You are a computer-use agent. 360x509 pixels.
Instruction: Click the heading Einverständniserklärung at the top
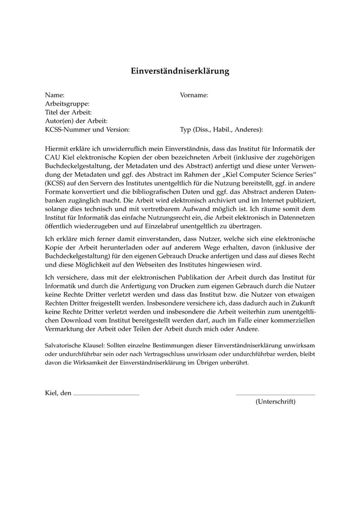pyautogui.click(x=180, y=71)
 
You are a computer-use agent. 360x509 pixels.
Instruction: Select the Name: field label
pyautogui.click(x=55, y=95)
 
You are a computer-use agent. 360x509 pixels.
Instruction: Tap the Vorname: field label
pyautogui.click(x=194, y=95)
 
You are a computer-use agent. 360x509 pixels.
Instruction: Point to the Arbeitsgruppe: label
pyautogui.click(x=67, y=104)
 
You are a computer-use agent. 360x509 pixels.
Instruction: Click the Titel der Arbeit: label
pyautogui.click(x=68, y=112)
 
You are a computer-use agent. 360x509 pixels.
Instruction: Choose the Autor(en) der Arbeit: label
pyautogui.click(x=76, y=121)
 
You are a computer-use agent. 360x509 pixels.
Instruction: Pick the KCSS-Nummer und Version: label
pyautogui.click(x=88, y=130)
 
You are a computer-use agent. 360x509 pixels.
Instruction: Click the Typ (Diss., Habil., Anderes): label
pyautogui.click(x=221, y=130)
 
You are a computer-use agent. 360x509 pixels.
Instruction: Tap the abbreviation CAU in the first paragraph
pyautogui.click(x=53, y=157)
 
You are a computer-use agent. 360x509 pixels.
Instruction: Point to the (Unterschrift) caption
pyautogui.click(x=275, y=402)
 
